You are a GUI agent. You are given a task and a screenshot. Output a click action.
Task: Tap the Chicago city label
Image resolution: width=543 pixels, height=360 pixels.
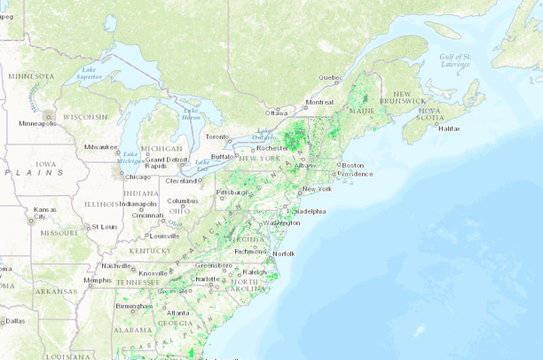(137, 176)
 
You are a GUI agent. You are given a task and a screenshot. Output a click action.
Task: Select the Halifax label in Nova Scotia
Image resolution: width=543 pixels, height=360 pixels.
(450, 129)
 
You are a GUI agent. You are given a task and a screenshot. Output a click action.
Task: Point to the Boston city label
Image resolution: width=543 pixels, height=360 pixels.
(353, 165)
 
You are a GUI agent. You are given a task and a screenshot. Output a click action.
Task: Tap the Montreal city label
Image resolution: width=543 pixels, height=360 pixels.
(319, 102)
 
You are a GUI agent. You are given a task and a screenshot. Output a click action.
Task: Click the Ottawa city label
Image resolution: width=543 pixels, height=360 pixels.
(276, 113)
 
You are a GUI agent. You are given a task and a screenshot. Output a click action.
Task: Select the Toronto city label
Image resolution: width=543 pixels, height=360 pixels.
(217, 137)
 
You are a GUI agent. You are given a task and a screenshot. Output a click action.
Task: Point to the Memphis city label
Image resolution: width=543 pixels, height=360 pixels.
(98, 280)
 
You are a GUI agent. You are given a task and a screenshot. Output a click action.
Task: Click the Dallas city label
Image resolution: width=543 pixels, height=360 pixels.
(13, 321)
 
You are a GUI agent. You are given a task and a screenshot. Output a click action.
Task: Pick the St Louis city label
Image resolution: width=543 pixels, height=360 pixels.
(105, 227)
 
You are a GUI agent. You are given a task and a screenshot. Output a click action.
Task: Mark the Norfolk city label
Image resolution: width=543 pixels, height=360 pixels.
(283, 254)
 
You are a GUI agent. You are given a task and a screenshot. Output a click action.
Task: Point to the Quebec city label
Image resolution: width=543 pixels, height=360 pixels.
(330, 77)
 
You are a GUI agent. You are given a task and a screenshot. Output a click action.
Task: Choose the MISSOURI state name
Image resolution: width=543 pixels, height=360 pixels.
(59, 232)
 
